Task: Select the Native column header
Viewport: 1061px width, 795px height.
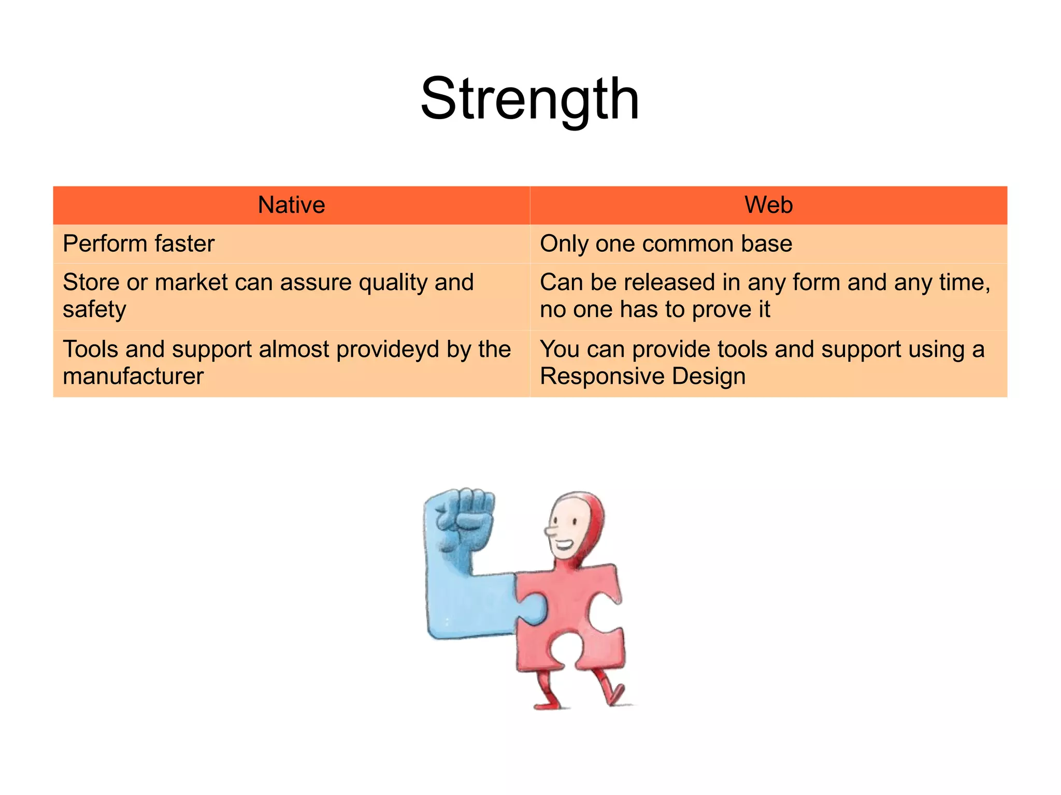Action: coord(291,205)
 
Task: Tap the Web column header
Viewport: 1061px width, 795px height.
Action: coord(768,205)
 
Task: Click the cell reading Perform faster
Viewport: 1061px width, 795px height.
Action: coord(138,243)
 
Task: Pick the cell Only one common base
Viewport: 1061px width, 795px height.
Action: coord(666,243)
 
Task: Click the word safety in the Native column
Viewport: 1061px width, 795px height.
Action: coord(94,310)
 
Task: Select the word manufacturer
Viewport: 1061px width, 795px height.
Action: coord(133,377)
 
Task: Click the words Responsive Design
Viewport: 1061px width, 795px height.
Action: coord(642,377)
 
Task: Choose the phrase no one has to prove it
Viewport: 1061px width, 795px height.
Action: coord(655,310)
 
